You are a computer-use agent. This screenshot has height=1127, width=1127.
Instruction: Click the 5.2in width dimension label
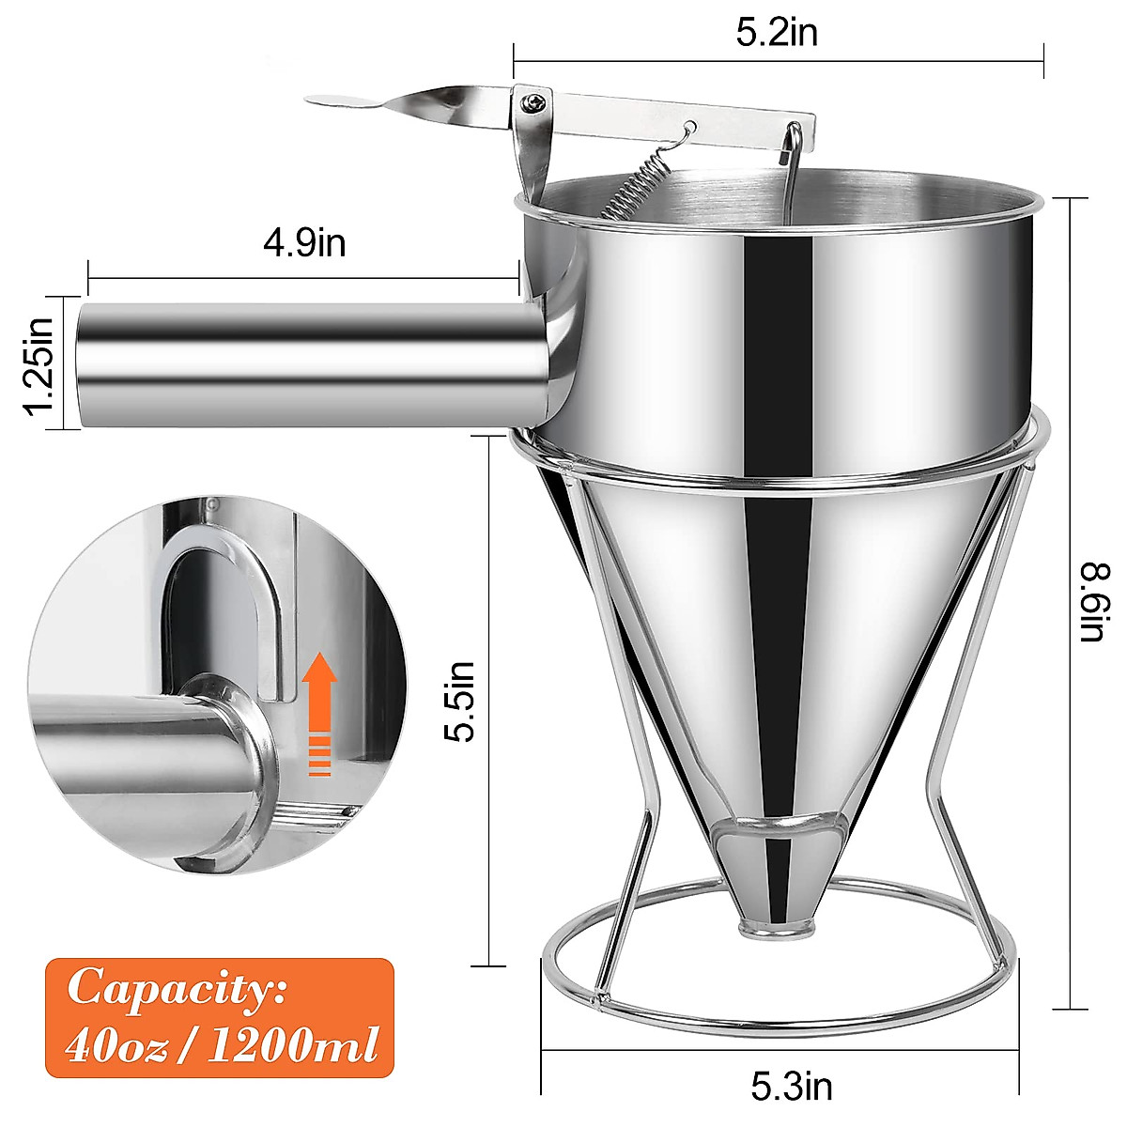click(x=777, y=33)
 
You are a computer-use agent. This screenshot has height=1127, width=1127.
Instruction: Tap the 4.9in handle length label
click(x=304, y=243)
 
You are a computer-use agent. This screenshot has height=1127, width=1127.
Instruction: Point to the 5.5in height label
click(x=460, y=702)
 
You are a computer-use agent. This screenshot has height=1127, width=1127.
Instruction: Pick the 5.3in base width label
click(x=791, y=1087)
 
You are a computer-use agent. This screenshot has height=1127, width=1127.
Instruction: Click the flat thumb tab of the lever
click(x=343, y=101)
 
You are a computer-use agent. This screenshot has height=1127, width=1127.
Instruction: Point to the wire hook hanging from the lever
click(x=792, y=169)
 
